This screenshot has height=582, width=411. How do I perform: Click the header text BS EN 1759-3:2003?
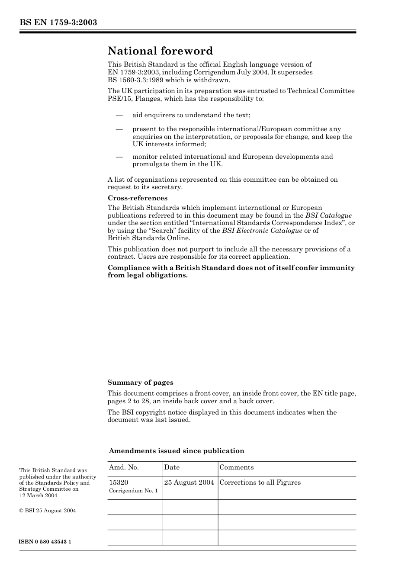58,23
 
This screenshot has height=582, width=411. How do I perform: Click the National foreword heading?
160,51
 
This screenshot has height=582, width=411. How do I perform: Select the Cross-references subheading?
137,198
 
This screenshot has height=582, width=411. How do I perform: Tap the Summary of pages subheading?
140,383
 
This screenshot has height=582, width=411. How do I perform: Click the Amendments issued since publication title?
177,451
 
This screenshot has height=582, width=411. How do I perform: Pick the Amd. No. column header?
124,467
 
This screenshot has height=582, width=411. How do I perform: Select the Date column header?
172,467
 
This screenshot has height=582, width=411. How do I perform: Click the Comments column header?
237,467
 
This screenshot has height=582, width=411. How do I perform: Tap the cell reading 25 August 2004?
189,482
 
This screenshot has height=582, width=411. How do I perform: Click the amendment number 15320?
119,482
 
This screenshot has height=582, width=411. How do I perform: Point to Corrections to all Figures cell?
260,482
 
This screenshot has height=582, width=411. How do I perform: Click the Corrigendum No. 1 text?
133,491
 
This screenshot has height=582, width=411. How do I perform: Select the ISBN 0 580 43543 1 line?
45,542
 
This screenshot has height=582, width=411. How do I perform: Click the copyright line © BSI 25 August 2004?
48,511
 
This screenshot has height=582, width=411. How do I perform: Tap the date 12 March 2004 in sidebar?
38,495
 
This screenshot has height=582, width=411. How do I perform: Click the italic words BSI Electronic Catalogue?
262,231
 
